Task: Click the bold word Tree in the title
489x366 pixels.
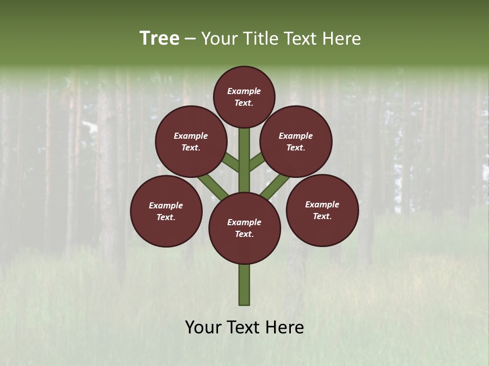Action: tap(159, 39)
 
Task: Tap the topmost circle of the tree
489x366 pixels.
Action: tap(244, 97)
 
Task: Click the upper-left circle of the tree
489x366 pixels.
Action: tap(191, 141)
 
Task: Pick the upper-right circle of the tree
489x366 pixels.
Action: tap(296, 141)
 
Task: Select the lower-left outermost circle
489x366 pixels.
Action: tap(166, 211)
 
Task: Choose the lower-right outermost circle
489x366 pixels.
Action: tap(322, 210)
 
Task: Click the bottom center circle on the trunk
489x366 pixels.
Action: tap(244, 228)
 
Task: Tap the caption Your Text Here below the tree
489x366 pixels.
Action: tap(244, 327)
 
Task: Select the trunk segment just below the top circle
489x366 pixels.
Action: tap(244, 152)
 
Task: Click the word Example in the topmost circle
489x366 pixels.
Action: tap(244, 91)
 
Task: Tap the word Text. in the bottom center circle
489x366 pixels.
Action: tap(244, 234)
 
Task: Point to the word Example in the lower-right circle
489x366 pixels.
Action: tap(322, 204)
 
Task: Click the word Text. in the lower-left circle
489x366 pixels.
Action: tap(166, 217)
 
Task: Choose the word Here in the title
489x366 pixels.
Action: tap(343, 39)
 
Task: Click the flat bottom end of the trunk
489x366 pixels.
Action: tap(244, 304)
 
